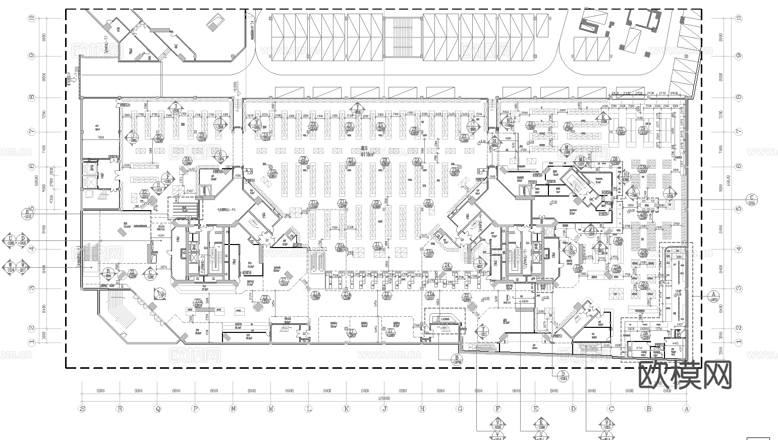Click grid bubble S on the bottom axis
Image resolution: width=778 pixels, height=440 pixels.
[x=82, y=409]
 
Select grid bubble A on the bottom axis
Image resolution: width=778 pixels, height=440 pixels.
[x=686, y=409]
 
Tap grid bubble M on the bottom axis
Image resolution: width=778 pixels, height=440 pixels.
[x=271, y=409]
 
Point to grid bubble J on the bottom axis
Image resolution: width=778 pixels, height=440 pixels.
[x=384, y=409]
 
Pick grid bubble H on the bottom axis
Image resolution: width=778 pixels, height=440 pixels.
[x=422, y=409]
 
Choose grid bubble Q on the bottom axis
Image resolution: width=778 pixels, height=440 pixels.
[x=157, y=409]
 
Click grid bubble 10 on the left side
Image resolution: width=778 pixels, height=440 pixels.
[x=32, y=18]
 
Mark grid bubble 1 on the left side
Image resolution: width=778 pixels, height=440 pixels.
[x=32, y=342]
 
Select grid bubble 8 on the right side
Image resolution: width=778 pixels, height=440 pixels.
[x=739, y=97]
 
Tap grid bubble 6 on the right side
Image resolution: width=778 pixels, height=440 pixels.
[x=739, y=166]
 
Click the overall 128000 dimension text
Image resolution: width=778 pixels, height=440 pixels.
[x=383, y=399]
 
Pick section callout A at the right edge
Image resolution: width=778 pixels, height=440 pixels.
[x=713, y=296]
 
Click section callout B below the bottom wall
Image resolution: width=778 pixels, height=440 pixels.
[x=456, y=360]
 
